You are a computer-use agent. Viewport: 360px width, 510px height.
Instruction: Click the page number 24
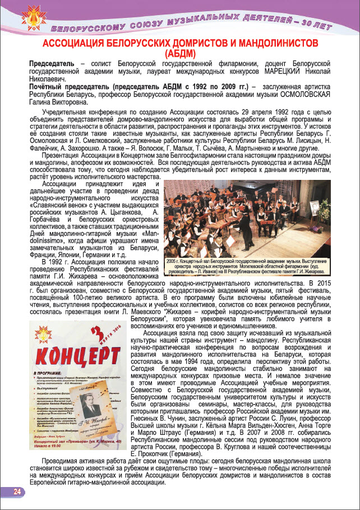click(16, 492)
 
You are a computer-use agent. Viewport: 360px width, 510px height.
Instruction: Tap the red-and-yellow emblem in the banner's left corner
click(22, 18)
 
